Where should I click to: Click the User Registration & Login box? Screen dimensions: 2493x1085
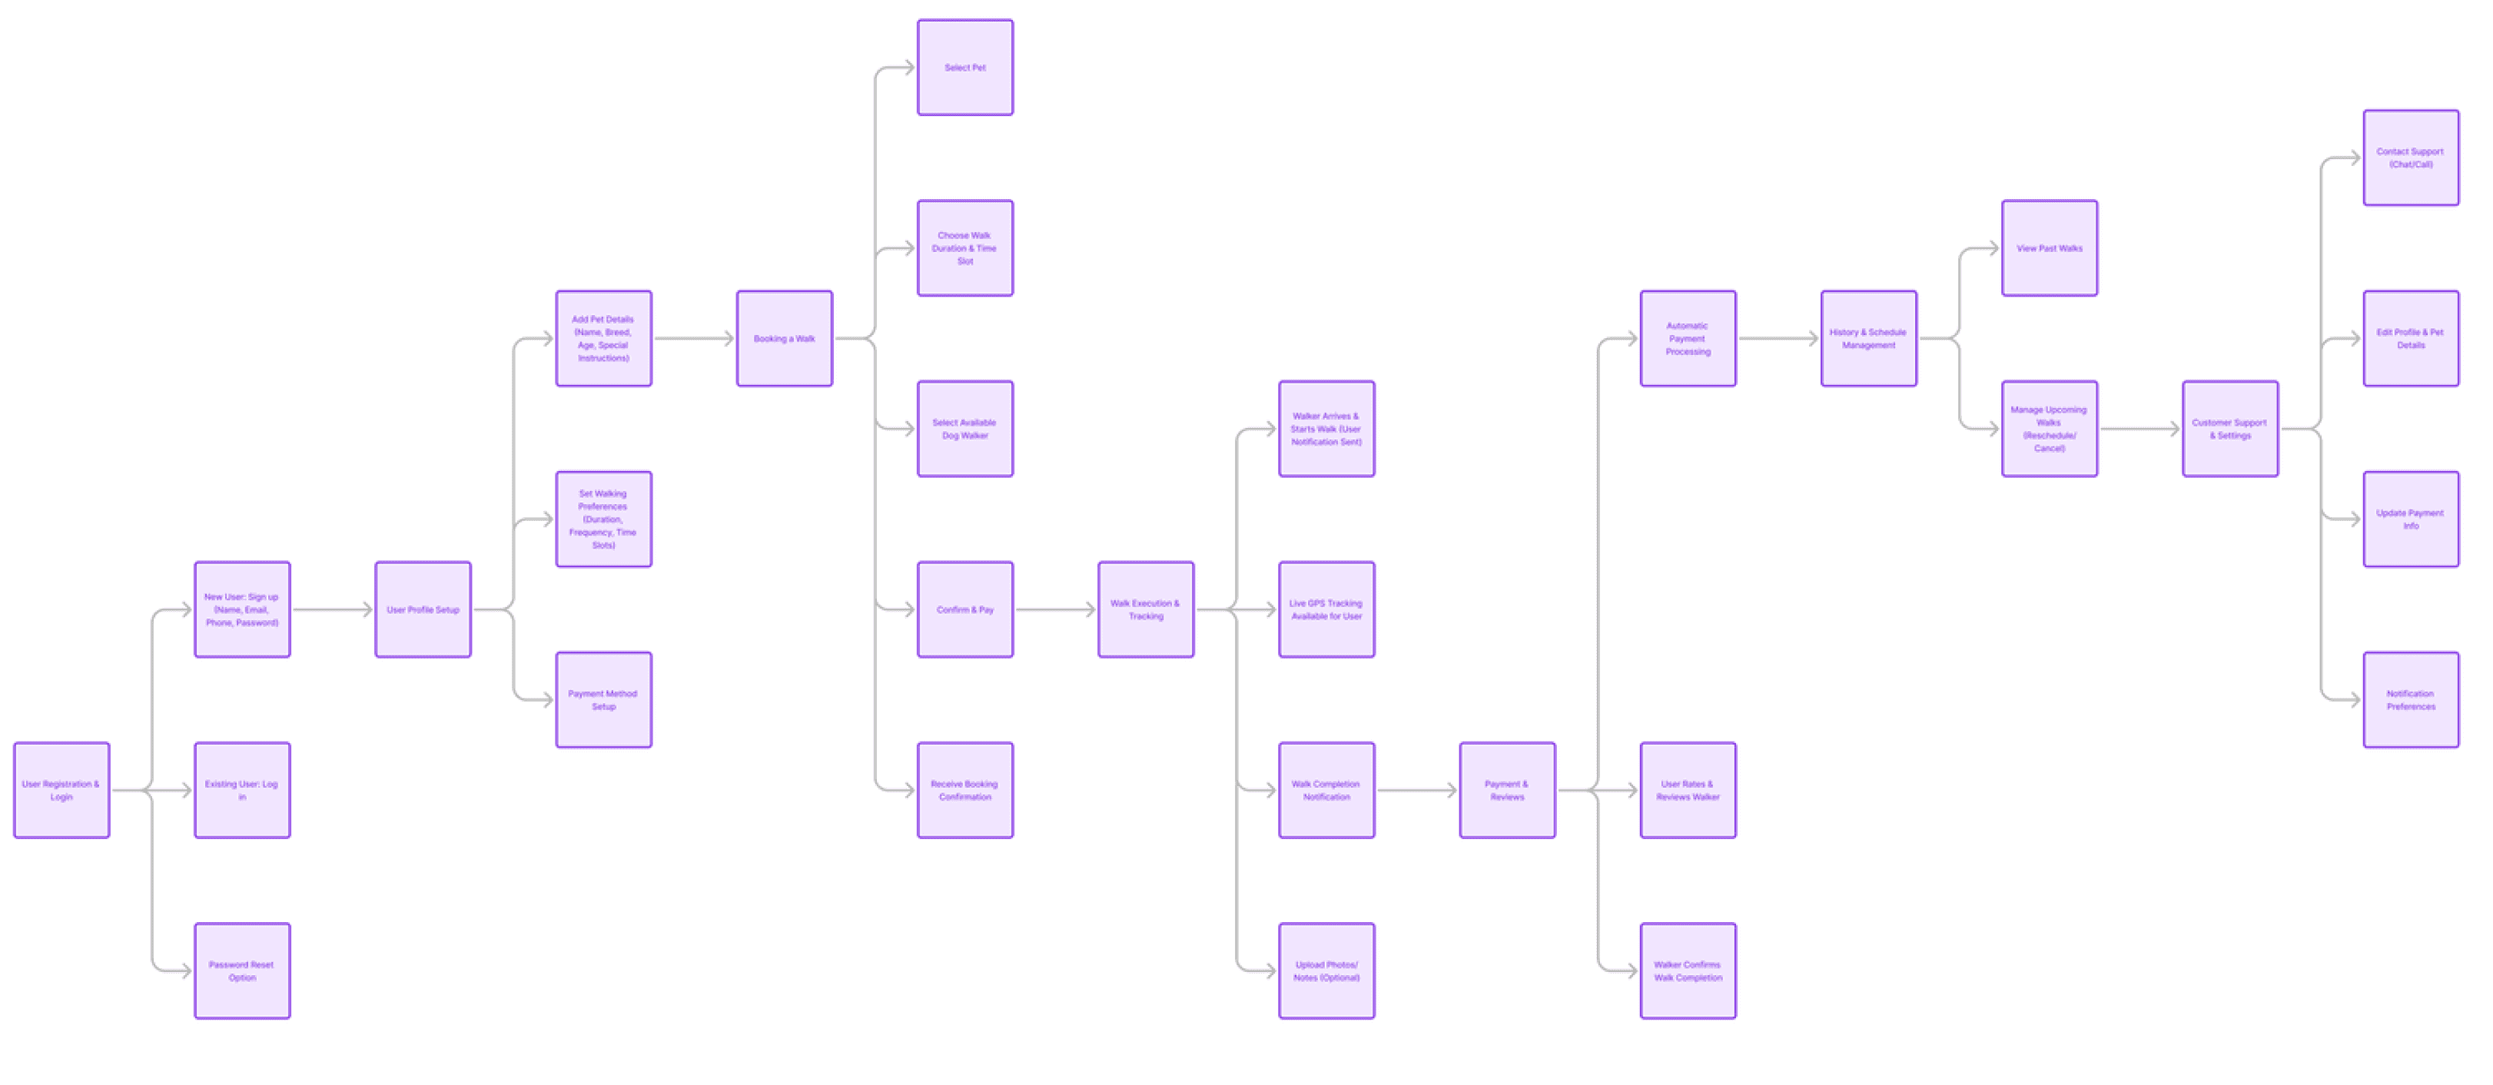click(x=61, y=790)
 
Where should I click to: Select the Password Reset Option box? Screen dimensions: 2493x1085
click(x=242, y=971)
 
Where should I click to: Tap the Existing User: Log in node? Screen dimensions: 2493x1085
click(x=242, y=790)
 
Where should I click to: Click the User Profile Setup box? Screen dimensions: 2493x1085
click(x=423, y=610)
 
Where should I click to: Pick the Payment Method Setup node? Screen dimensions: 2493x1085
click(x=603, y=700)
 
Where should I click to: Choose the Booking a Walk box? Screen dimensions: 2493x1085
click(x=784, y=339)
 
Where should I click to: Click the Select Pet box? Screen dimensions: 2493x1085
click(x=965, y=68)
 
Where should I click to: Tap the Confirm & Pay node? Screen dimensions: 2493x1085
click(x=965, y=610)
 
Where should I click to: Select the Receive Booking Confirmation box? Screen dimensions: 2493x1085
click(x=965, y=790)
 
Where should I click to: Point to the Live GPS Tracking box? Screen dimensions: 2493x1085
click(x=1326, y=610)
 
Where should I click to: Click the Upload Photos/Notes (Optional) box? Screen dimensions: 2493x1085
click(x=1326, y=971)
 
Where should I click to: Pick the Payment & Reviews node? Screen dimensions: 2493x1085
click(x=1507, y=790)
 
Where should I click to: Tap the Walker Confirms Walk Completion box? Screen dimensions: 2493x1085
click(x=1688, y=971)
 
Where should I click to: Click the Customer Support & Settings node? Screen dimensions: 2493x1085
click(x=2229, y=429)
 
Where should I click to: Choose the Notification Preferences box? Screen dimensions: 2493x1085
click(x=2410, y=700)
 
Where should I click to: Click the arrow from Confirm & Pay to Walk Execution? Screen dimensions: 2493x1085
click(x=1055, y=610)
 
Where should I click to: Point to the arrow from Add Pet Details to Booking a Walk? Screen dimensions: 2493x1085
click(x=694, y=339)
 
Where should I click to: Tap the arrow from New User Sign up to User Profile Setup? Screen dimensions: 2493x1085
click(x=332, y=610)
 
